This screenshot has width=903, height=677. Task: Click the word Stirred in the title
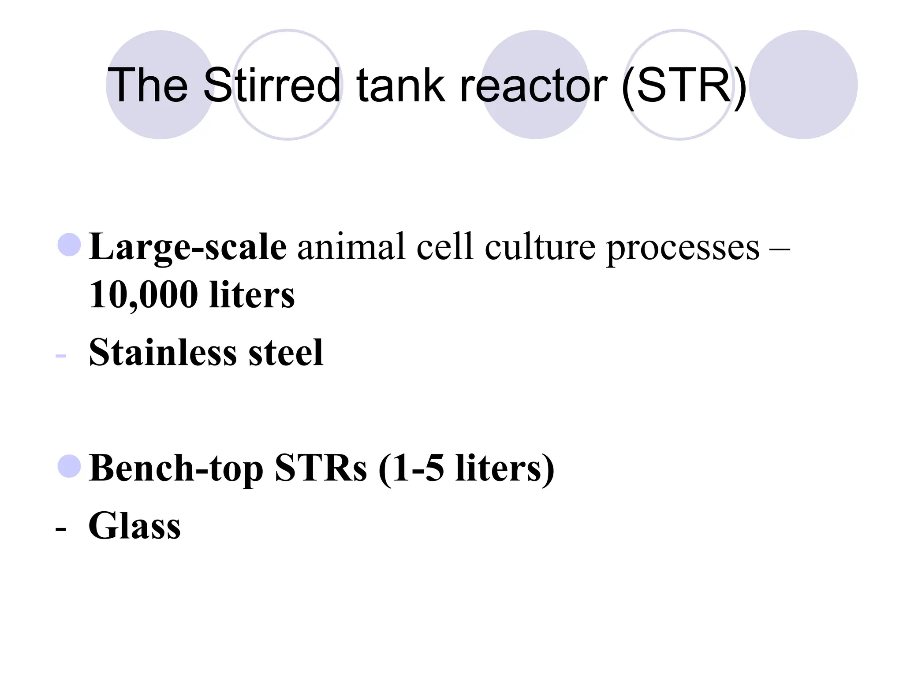pos(272,85)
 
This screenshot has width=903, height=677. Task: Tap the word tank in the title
pos(400,85)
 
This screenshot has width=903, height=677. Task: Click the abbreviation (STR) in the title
pos(683,86)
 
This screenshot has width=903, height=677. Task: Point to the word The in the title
pos(148,85)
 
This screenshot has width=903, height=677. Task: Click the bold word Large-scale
pos(188,248)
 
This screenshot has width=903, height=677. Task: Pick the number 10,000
pos(143,295)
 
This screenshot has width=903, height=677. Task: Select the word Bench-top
pos(176,469)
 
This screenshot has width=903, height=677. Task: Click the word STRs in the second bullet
pos(321,468)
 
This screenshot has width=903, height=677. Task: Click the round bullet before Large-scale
pos(69,245)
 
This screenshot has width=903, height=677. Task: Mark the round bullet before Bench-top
pos(69,466)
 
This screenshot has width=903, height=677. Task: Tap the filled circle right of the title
pos(803,85)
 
